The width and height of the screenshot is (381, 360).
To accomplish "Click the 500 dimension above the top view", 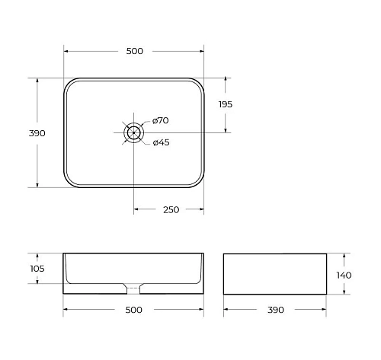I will click(x=134, y=51).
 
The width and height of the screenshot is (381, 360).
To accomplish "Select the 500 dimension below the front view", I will click(x=134, y=310).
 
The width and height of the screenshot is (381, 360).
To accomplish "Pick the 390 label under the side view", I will click(x=275, y=310).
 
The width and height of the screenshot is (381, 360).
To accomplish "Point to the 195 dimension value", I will click(x=225, y=104).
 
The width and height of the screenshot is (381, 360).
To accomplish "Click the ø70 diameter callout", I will click(x=160, y=120).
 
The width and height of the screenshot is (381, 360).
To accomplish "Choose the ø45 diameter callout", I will click(x=160, y=142).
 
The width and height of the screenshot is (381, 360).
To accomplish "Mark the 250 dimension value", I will click(x=171, y=210).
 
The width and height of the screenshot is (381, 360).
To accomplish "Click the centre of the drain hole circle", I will click(x=134, y=132).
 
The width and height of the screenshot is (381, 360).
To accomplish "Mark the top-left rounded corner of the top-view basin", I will click(x=69, y=83).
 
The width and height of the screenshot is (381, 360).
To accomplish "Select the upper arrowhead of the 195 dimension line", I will click(x=226, y=80).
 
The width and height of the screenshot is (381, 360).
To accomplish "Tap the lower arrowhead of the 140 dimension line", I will click(x=346, y=292).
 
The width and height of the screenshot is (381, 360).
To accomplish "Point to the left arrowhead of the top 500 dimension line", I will click(x=66, y=51).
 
